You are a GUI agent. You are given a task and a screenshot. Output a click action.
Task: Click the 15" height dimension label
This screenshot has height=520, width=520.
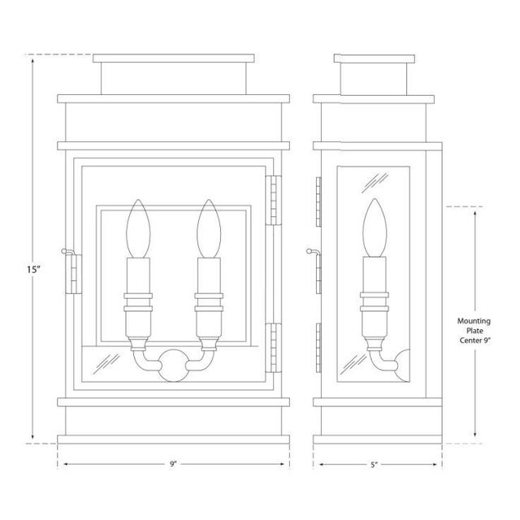(x=32, y=268)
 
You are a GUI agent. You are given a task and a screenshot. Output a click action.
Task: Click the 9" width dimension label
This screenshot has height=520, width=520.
(x=173, y=465)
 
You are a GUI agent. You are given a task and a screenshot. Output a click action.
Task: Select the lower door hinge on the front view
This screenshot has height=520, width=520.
(x=276, y=345)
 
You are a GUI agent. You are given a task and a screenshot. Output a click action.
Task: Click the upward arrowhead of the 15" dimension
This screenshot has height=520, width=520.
(x=32, y=59)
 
